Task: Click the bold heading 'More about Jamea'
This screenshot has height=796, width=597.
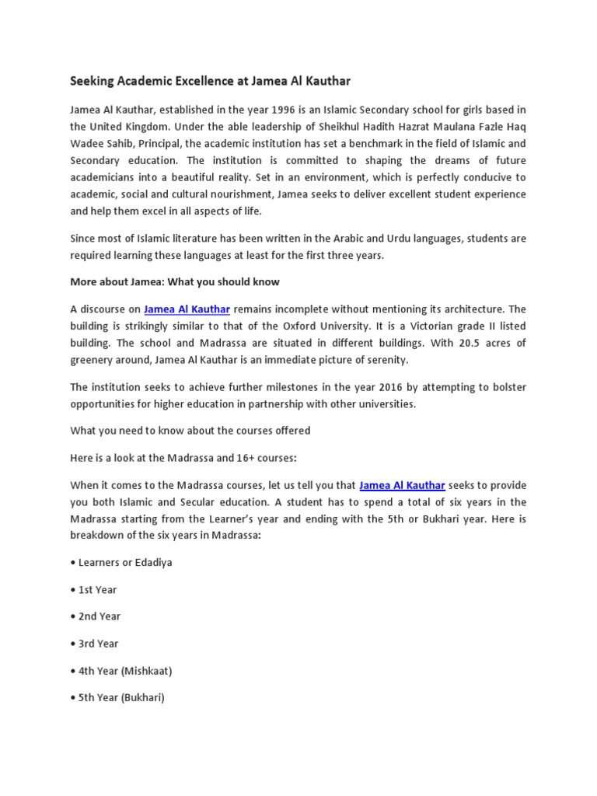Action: (175, 281)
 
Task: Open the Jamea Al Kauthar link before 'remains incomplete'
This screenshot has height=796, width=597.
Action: (187, 309)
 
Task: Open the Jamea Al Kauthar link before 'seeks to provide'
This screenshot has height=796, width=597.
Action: (402, 485)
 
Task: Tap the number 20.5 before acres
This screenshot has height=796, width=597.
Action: (442, 344)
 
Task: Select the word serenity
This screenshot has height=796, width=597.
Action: (380, 360)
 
